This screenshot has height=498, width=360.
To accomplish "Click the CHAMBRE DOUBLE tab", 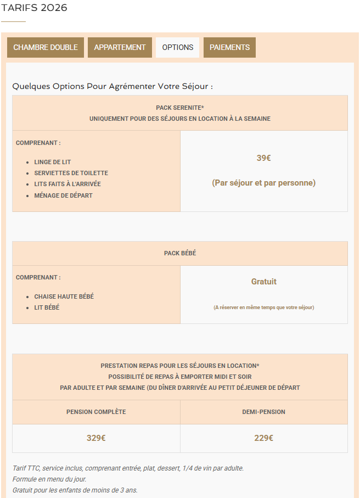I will (46, 48).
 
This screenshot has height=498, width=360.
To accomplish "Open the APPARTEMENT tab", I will (120, 48).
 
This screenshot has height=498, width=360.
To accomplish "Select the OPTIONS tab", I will (178, 48).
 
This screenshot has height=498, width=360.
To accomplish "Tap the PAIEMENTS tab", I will (229, 48).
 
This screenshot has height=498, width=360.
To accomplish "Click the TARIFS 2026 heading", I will (35, 8).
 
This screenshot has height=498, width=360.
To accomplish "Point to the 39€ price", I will (263, 158).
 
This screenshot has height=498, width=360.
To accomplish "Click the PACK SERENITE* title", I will (180, 108).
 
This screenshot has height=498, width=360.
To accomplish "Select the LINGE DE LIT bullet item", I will (52, 163).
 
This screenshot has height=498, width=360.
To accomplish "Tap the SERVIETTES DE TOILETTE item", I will (71, 174).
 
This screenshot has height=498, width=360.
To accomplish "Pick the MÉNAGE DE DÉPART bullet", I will (63, 195).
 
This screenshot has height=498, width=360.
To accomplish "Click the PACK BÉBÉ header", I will (180, 254).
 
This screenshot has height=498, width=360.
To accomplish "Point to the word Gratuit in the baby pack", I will (263, 282).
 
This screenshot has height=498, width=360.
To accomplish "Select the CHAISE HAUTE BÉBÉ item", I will (64, 296).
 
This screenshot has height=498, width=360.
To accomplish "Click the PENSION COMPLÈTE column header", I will (96, 412).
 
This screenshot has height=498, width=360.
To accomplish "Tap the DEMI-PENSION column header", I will (263, 412).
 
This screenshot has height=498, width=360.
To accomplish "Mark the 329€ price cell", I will (96, 438).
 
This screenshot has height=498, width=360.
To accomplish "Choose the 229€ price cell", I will (263, 438).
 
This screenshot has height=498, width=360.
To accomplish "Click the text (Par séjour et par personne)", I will (263, 183).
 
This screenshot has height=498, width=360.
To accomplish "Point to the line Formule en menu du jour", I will (49, 479).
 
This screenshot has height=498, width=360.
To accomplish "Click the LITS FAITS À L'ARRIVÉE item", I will (67, 184).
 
